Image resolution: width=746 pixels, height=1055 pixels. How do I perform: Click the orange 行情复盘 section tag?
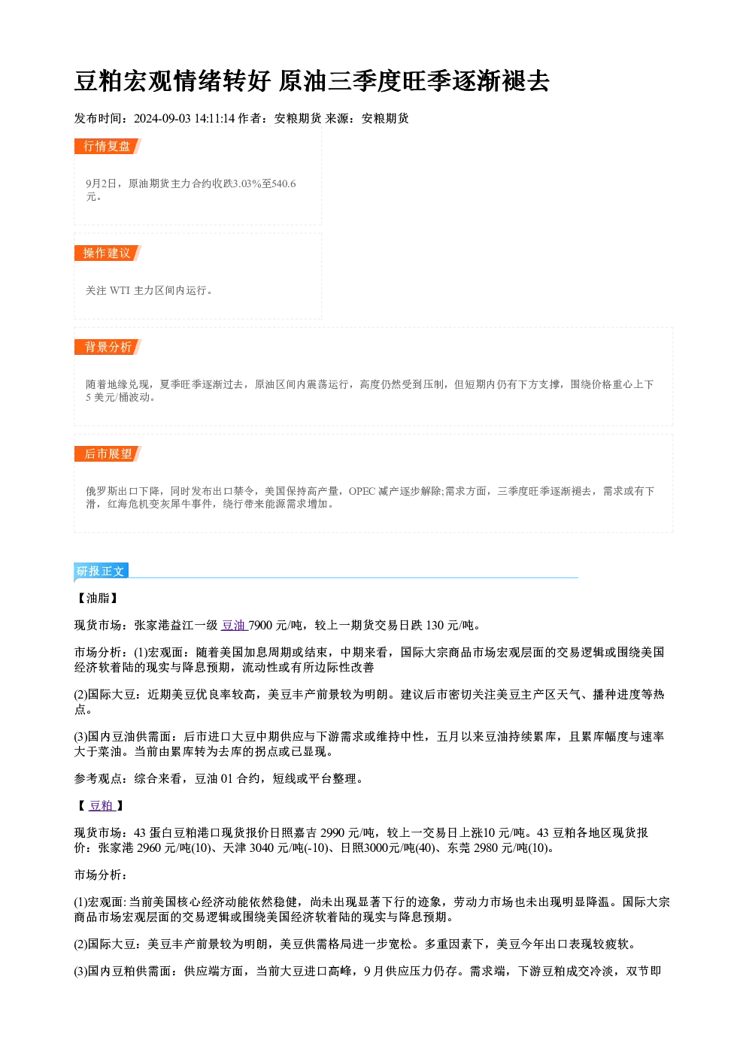click(108, 146)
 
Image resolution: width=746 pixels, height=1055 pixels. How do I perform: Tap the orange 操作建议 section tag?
click(108, 253)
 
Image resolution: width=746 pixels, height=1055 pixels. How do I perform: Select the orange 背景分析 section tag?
click(108, 347)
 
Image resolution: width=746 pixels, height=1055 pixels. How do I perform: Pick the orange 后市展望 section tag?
click(108, 453)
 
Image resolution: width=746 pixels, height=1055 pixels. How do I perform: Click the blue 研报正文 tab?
click(101, 571)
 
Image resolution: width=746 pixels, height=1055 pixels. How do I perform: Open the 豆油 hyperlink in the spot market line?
click(234, 625)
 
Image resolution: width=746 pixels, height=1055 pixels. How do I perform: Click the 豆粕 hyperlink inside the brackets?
click(102, 805)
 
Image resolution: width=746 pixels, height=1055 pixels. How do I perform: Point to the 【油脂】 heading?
click(98, 598)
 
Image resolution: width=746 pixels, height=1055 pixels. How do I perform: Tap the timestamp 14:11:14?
click(215, 118)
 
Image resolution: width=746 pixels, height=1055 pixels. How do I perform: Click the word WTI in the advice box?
click(120, 290)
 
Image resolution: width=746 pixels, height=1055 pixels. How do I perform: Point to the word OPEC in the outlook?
click(362, 491)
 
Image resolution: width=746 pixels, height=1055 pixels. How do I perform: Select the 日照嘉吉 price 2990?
click(332, 832)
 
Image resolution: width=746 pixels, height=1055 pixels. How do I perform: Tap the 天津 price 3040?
click(262, 847)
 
